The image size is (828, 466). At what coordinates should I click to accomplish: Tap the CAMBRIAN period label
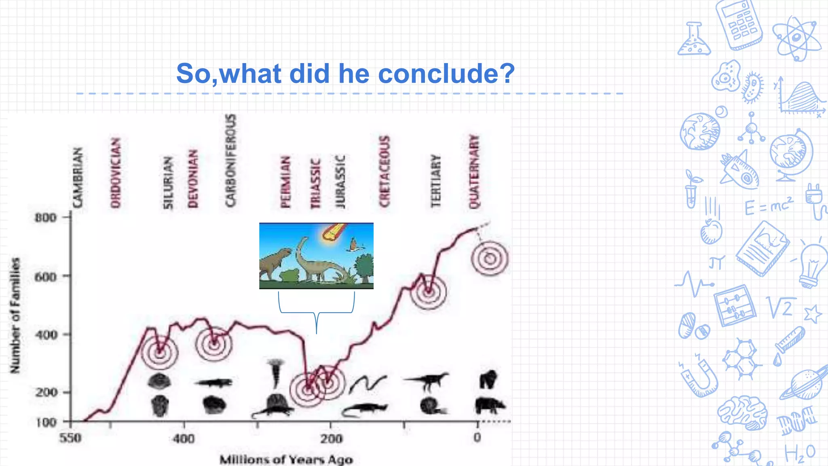tap(77, 178)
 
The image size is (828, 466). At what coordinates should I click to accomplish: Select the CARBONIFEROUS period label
tap(230, 160)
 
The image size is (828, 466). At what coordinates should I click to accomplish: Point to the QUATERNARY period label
tap(473, 172)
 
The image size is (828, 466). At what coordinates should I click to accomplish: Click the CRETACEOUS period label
tap(384, 172)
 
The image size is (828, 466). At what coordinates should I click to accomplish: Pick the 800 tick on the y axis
tap(45, 218)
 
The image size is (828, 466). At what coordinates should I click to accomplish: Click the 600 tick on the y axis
tap(45, 277)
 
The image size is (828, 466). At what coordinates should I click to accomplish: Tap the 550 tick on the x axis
tap(70, 438)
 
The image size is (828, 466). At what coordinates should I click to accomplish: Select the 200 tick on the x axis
tap(331, 438)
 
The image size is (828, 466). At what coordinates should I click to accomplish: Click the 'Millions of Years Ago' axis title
tap(286, 460)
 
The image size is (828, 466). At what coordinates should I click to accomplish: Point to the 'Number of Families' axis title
tap(15, 316)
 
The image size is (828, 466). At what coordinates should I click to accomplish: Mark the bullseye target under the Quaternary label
tap(490, 258)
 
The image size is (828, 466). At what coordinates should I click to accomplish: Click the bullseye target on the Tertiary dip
tap(429, 291)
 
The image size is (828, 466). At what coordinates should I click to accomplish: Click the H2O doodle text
tap(800, 453)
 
